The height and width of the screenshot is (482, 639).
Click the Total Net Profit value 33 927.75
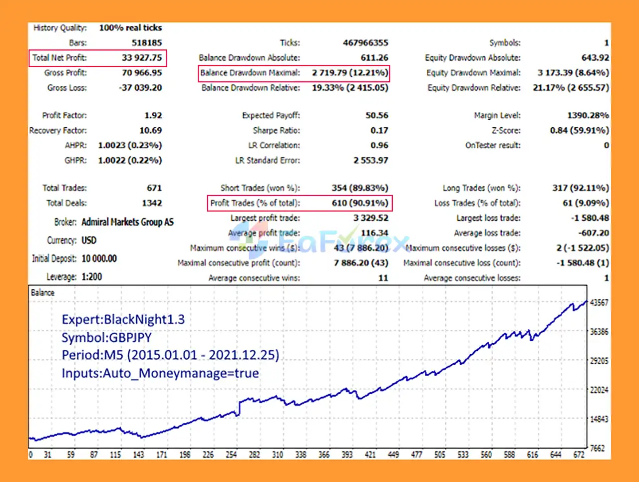(x=142, y=58)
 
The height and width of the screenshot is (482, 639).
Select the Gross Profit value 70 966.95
(x=142, y=73)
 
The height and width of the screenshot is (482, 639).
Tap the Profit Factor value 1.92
(x=153, y=115)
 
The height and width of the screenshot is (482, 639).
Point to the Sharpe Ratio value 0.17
(x=379, y=130)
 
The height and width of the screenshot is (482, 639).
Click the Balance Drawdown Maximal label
(x=250, y=73)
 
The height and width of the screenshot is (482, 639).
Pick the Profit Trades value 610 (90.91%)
(x=359, y=203)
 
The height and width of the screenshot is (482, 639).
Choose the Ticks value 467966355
(x=365, y=43)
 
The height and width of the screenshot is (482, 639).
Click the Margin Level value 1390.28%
(x=588, y=115)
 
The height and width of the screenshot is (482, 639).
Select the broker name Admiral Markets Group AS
(x=127, y=222)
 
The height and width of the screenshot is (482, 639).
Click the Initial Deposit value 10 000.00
(x=99, y=258)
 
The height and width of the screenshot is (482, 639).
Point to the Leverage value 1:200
(x=91, y=276)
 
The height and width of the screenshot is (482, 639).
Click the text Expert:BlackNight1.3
(x=123, y=319)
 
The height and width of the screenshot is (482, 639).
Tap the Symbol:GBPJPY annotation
(x=106, y=338)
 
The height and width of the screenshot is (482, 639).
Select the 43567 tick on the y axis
(x=599, y=303)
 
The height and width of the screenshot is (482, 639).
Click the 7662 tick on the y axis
(x=597, y=448)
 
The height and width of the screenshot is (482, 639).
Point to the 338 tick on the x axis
(x=301, y=455)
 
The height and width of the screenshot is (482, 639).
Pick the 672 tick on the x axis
(x=579, y=455)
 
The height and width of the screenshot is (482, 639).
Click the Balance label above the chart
(x=42, y=293)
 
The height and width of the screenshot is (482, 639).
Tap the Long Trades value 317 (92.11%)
(x=580, y=188)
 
